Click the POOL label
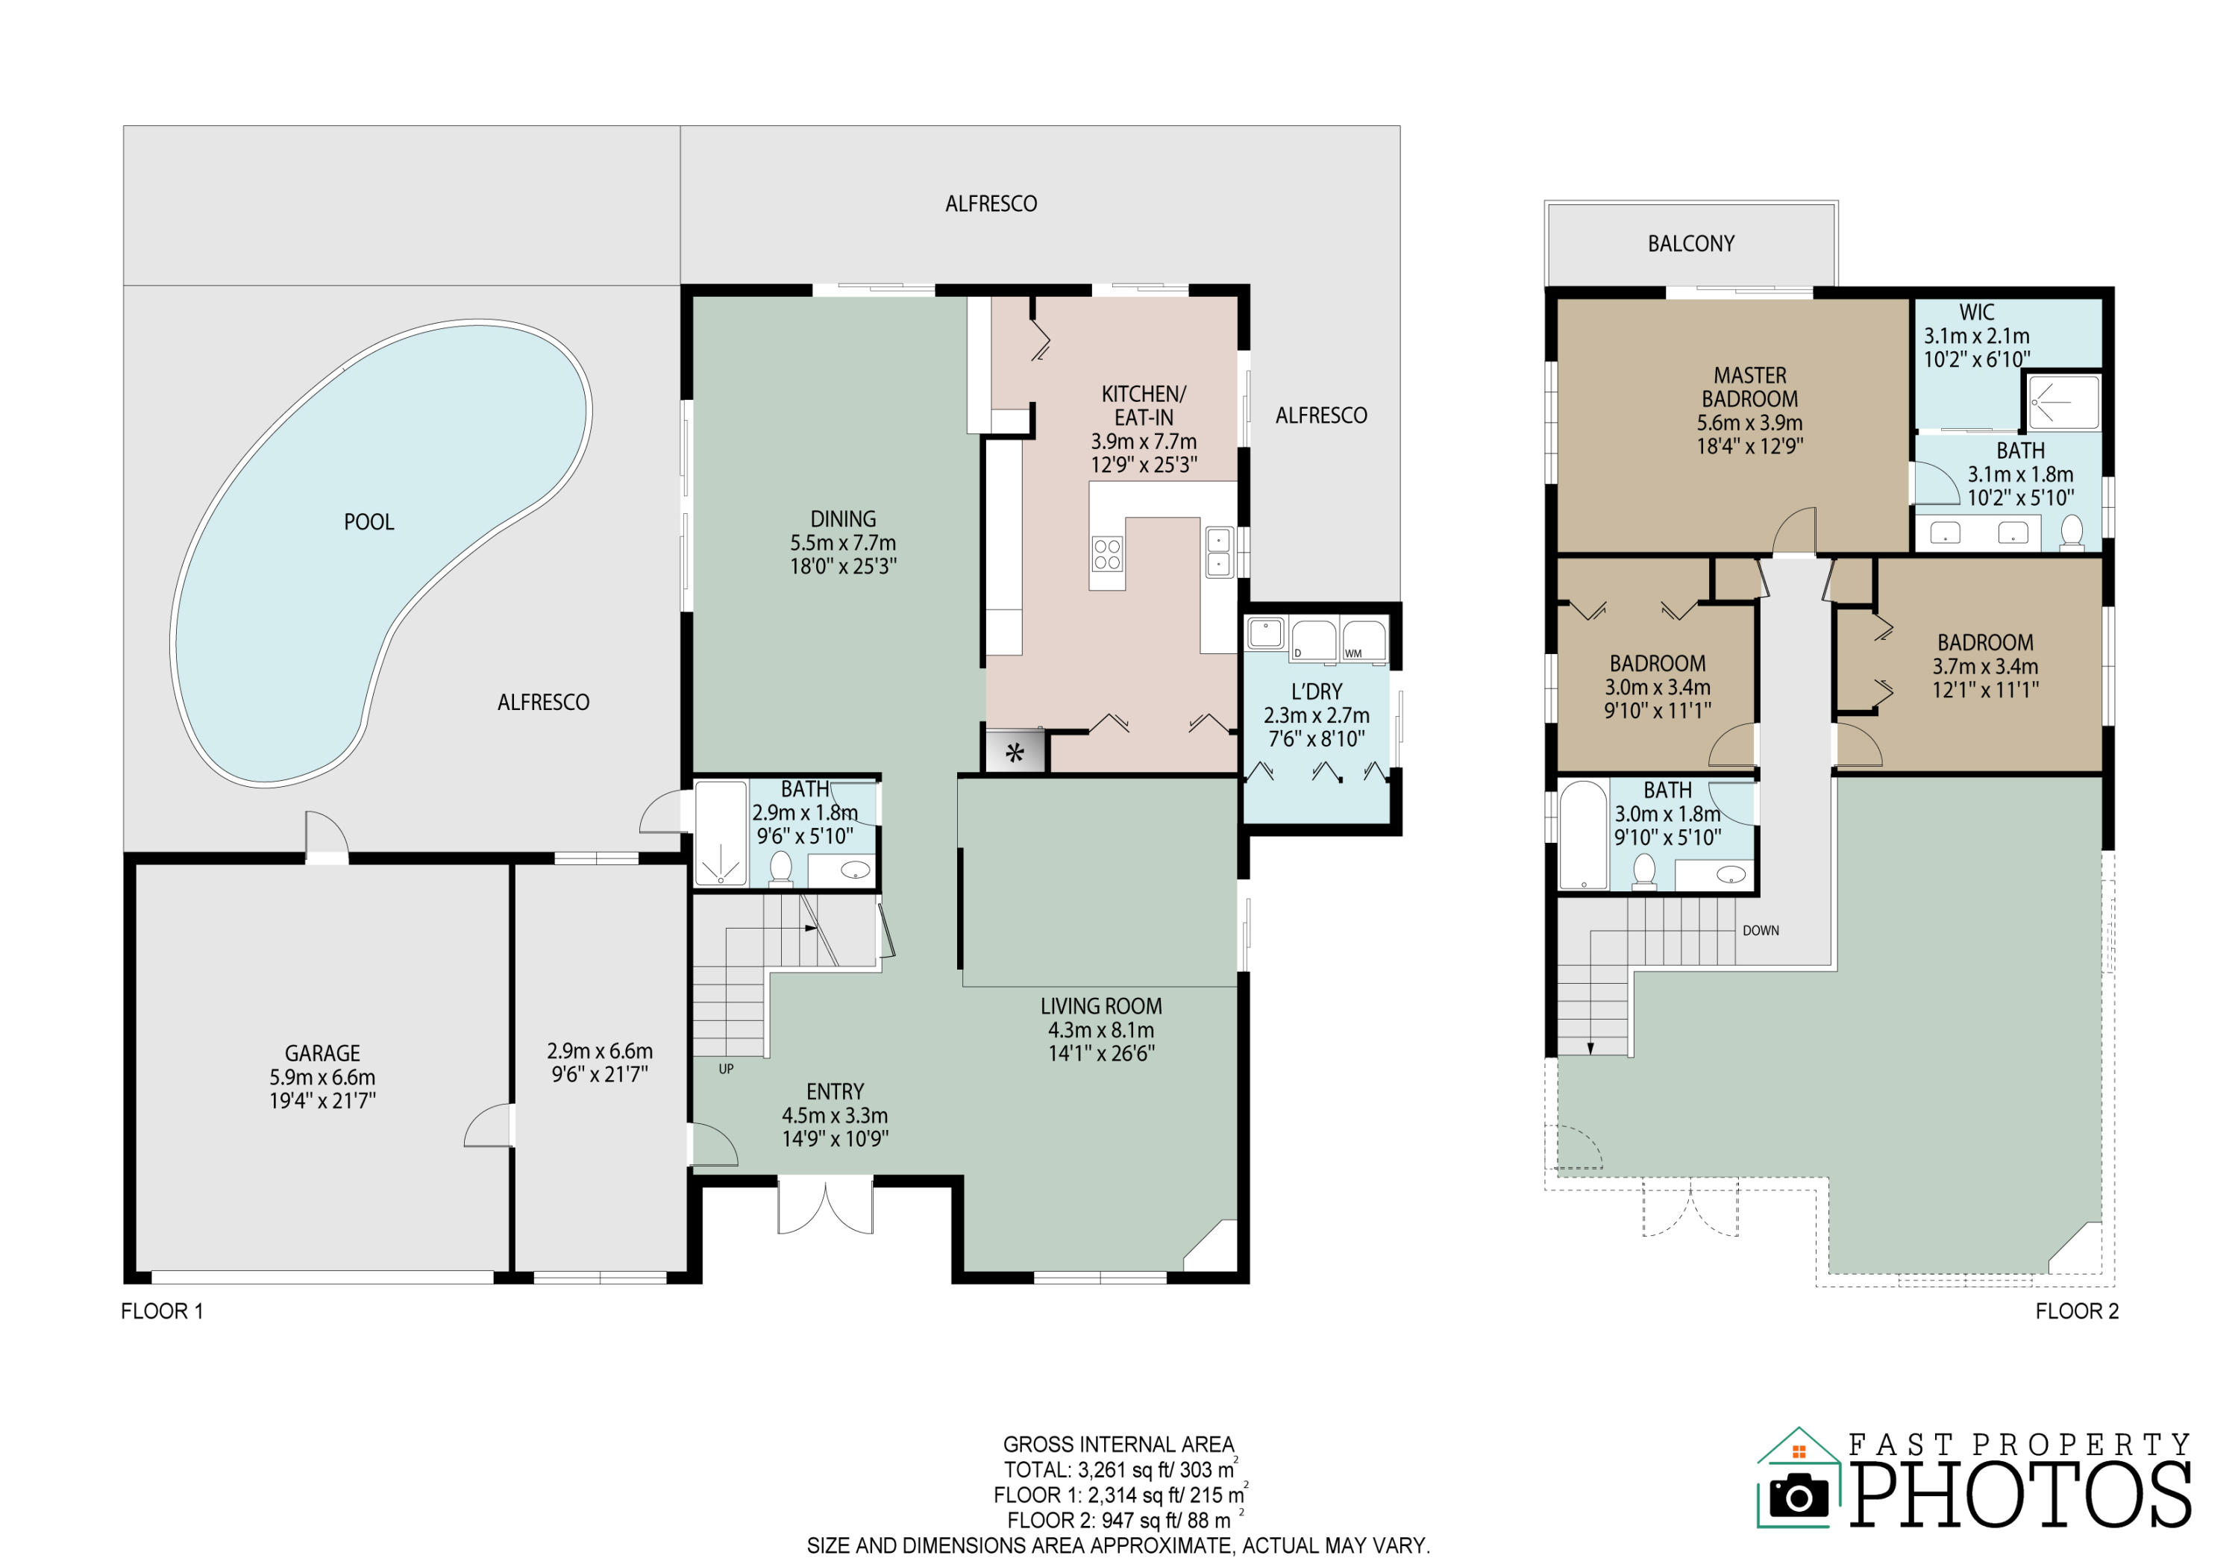point(369,522)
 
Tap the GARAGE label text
point(322,1053)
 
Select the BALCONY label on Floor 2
point(1691,244)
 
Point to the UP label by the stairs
point(726,1069)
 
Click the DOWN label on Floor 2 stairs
point(1761,931)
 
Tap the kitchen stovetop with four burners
point(1106,553)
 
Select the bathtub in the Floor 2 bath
point(1583,835)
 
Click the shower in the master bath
point(2063,403)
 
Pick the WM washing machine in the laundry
point(1364,639)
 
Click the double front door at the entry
point(824,1208)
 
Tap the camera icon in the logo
point(1799,1496)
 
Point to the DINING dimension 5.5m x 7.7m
point(843,543)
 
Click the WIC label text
point(1977,313)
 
